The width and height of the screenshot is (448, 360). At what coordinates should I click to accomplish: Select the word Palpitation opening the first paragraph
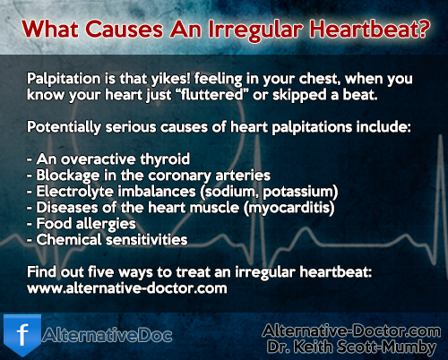[64, 80]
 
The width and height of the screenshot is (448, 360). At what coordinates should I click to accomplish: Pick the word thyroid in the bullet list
[165, 159]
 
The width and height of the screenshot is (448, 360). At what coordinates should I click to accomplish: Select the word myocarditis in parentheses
[289, 208]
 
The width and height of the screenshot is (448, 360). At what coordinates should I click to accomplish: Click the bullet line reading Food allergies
[82, 224]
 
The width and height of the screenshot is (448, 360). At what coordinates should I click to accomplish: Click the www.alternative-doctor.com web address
[127, 288]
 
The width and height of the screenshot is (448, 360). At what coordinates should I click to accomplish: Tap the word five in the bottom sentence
[101, 272]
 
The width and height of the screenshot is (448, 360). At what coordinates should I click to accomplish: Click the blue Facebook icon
[22, 335]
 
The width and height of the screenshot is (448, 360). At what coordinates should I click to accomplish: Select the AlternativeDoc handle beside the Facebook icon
[108, 336]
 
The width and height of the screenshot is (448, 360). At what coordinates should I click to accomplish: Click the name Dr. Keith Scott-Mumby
[351, 347]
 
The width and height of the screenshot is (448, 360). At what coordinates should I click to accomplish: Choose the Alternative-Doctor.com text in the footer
[351, 331]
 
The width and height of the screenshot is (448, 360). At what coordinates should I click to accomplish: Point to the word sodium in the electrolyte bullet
[229, 192]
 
